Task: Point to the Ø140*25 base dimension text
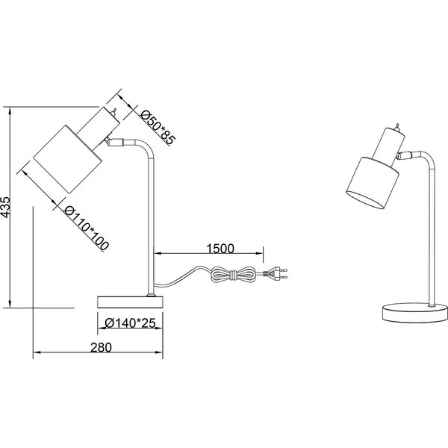[131, 324]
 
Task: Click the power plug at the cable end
[276, 275]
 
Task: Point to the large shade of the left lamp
[68, 160]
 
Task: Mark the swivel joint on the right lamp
[405, 156]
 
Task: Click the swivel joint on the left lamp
[116, 140]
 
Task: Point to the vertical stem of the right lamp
[432, 231]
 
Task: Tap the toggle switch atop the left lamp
[114, 112]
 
